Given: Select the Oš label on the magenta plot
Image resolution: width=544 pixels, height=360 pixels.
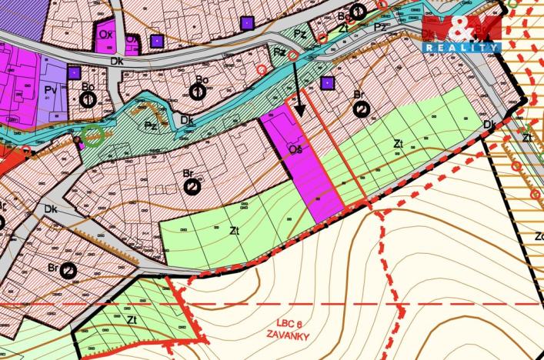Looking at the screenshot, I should pos(295,148).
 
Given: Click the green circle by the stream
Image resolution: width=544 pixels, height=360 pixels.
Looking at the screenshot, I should pos(92,137).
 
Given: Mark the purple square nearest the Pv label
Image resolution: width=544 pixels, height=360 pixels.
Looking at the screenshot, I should pos(74,72).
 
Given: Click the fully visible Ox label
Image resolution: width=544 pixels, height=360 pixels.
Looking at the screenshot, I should pos(104,34).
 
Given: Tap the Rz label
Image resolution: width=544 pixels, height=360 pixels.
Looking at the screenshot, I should pos(279,52).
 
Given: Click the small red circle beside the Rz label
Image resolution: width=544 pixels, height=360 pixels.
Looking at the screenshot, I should pos(293,56).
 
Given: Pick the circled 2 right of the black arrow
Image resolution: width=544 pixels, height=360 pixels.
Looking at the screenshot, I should pos(359,110).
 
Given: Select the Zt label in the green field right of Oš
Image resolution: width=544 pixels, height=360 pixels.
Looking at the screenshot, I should pos(398,143).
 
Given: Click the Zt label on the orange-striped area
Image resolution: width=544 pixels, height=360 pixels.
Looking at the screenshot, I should pos(527,136).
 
